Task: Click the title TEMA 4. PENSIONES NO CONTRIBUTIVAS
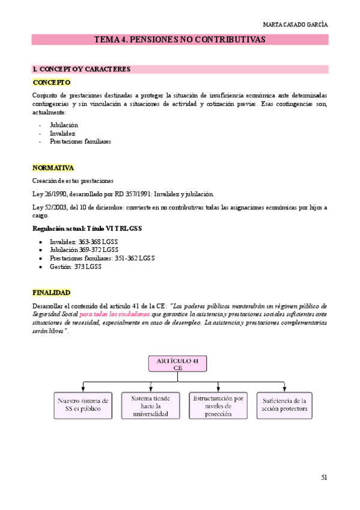180,40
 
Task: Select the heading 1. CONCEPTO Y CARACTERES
81,69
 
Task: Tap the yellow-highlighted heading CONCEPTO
51,82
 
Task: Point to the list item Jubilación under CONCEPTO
64,125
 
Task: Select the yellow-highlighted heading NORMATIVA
53,168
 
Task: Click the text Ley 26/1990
50,194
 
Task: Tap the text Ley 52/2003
50,207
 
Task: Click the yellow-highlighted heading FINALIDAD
52,293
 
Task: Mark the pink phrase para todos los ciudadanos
115,314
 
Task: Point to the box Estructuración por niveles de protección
217,405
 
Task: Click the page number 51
324,477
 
